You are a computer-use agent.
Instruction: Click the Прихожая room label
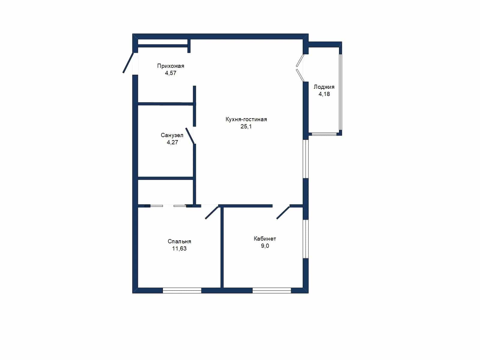coord(171,66)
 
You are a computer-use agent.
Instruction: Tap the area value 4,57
coord(171,73)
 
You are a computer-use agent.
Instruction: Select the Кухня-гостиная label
coord(246,119)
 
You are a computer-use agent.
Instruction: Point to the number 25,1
coord(246,126)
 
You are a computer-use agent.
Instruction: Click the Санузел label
coord(172,135)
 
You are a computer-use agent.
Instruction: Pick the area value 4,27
coord(172,142)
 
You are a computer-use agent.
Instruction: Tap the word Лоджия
coord(324,87)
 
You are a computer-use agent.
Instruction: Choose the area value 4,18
coord(324,94)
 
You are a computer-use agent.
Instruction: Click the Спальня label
coord(179,241)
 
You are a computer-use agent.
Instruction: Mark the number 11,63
coord(179,248)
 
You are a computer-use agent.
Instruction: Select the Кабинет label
coord(265,239)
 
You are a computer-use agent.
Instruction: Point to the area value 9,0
coord(265,246)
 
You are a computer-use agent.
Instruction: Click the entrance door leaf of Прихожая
coord(128,63)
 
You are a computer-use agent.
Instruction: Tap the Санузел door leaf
coord(190,136)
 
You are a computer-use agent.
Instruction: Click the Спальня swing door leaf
coord(212,212)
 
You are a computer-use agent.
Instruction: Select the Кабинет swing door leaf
coord(283,212)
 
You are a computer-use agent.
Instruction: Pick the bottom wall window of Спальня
coord(182,290)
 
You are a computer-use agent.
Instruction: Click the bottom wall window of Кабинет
coord(272,290)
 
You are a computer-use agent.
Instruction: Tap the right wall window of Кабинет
coord(306,239)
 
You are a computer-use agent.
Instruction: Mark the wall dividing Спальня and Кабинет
coord(222,247)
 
